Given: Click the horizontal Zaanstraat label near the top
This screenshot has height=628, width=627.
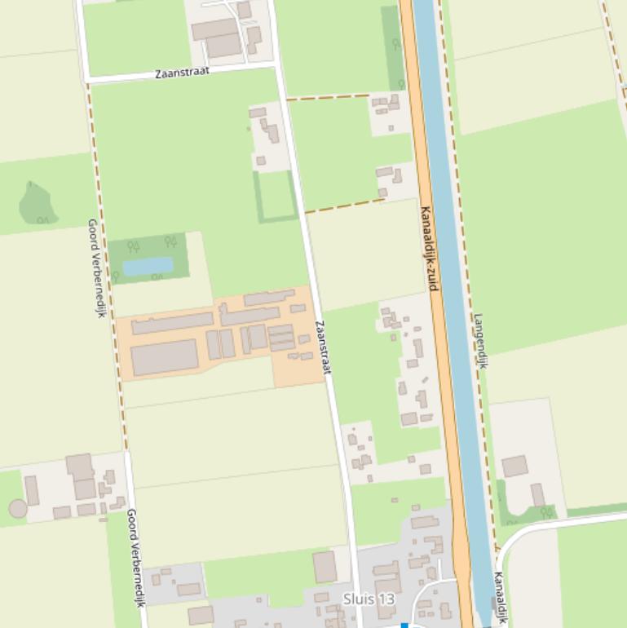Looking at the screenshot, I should (182, 73).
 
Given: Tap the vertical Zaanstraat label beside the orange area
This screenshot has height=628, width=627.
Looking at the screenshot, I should (324, 347).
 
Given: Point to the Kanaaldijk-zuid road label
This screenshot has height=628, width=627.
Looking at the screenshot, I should (430, 249).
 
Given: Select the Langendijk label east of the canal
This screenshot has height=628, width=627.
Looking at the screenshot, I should (480, 341).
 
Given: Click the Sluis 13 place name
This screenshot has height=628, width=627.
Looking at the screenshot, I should (369, 599).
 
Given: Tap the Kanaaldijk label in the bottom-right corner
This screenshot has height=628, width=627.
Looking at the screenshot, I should (500, 597).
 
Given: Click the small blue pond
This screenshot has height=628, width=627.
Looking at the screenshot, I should (148, 266).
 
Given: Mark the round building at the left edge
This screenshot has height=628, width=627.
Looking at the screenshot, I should (18, 508).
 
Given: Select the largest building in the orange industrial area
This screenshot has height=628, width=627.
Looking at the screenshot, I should (165, 357).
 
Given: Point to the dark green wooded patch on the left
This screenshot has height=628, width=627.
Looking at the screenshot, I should (36, 203).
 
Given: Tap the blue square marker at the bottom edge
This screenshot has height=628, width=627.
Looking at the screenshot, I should (404, 626).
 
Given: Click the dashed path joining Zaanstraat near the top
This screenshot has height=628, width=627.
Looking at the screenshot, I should (328, 97).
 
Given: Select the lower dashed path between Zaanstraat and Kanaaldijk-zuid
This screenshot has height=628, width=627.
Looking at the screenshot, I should (344, 205).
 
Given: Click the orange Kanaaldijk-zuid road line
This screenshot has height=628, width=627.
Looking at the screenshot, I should (417, 163).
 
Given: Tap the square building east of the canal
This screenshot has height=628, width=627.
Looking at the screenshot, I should (514, 467).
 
